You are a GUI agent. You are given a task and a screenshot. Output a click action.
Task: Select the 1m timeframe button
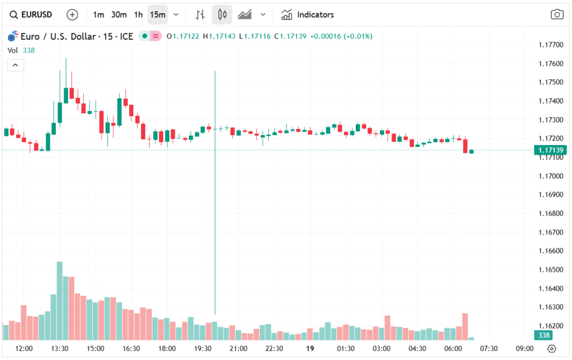click(98, 15)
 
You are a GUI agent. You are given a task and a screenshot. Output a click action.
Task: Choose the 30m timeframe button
click(118, 15)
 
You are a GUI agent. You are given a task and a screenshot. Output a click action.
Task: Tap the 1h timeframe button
click(138, 15)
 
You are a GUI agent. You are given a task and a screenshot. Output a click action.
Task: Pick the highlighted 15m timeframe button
click(158, 15)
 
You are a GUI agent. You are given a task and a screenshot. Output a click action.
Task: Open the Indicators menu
click(308, 15)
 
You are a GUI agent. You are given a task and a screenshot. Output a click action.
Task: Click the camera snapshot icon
click(556, 15)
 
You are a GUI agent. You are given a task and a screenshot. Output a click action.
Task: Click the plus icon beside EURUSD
click(72, 15)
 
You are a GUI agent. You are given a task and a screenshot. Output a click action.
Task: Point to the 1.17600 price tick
click(550, 64)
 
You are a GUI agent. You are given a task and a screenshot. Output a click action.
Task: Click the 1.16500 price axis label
click(550, 270)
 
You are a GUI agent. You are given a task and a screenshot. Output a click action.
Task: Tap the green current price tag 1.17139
click(550, 150)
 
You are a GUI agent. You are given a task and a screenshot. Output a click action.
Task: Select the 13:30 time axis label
click(60, 349)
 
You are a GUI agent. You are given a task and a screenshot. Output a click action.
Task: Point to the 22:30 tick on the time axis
click(274, 349)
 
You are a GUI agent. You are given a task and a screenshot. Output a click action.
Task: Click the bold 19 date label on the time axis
click(310, 349)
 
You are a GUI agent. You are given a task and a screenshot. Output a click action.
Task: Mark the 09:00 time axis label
click(525, 349)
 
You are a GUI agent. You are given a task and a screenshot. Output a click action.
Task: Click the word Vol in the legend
click(13, 50)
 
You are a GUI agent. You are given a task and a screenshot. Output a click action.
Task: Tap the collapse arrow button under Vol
click(15, 65)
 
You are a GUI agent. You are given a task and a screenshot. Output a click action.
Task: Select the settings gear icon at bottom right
click(552, 349)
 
